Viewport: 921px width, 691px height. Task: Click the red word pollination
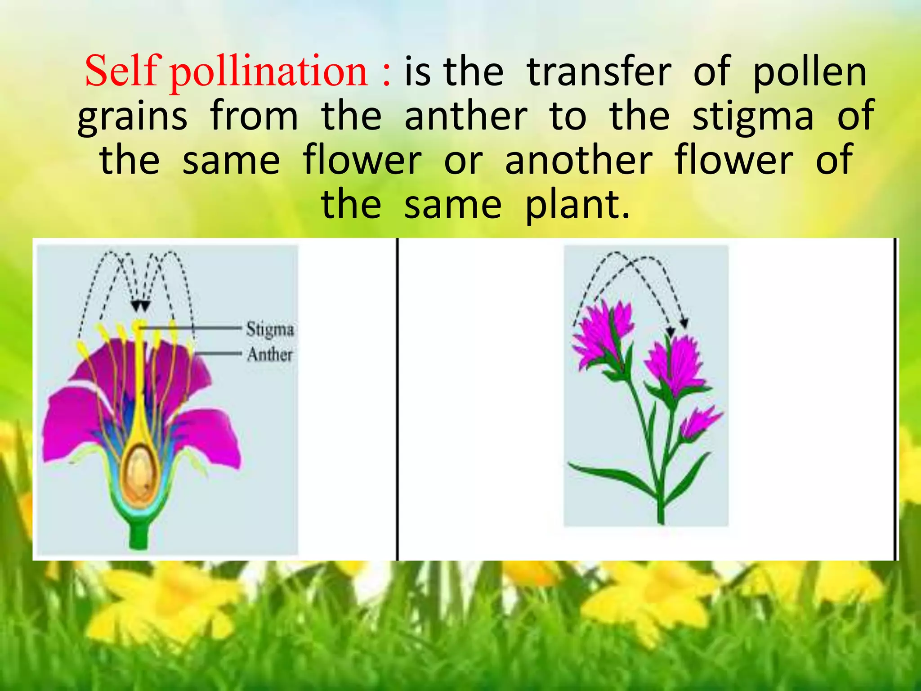(x=269, y=72)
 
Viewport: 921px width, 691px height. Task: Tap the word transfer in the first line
(x=599, y=72)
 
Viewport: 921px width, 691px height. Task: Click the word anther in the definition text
(x=465, y=116)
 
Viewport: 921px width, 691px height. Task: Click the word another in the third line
(x=578, y=160)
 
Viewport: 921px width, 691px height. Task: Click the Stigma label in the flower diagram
(x=270, y=329)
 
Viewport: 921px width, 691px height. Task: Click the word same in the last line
(x=452, y=205)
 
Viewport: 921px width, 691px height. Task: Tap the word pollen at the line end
(x=809, y=72)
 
